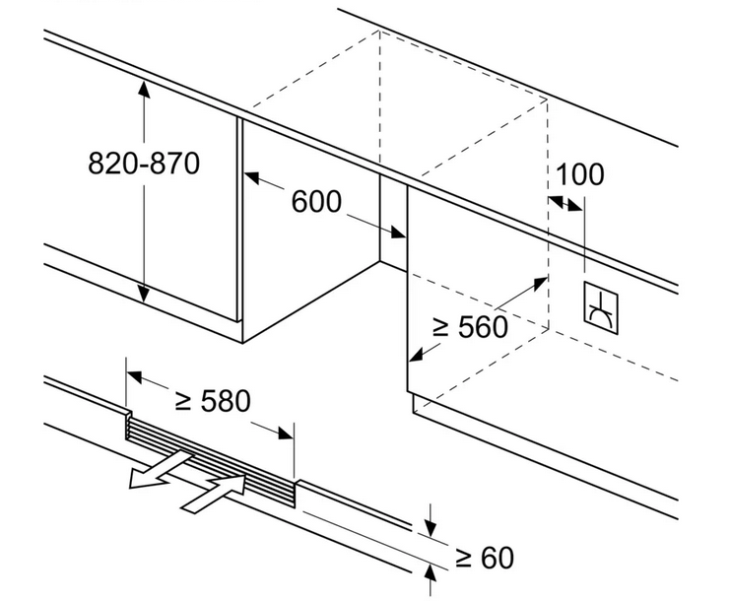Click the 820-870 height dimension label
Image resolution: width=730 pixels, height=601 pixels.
[144, 163]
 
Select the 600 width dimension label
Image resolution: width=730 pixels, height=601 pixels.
[316, 202]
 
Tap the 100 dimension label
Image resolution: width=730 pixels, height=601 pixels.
[579, 174]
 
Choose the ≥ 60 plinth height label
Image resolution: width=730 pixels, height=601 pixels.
[484, 558]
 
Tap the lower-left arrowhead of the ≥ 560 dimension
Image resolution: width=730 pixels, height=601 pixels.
[417, 354]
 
